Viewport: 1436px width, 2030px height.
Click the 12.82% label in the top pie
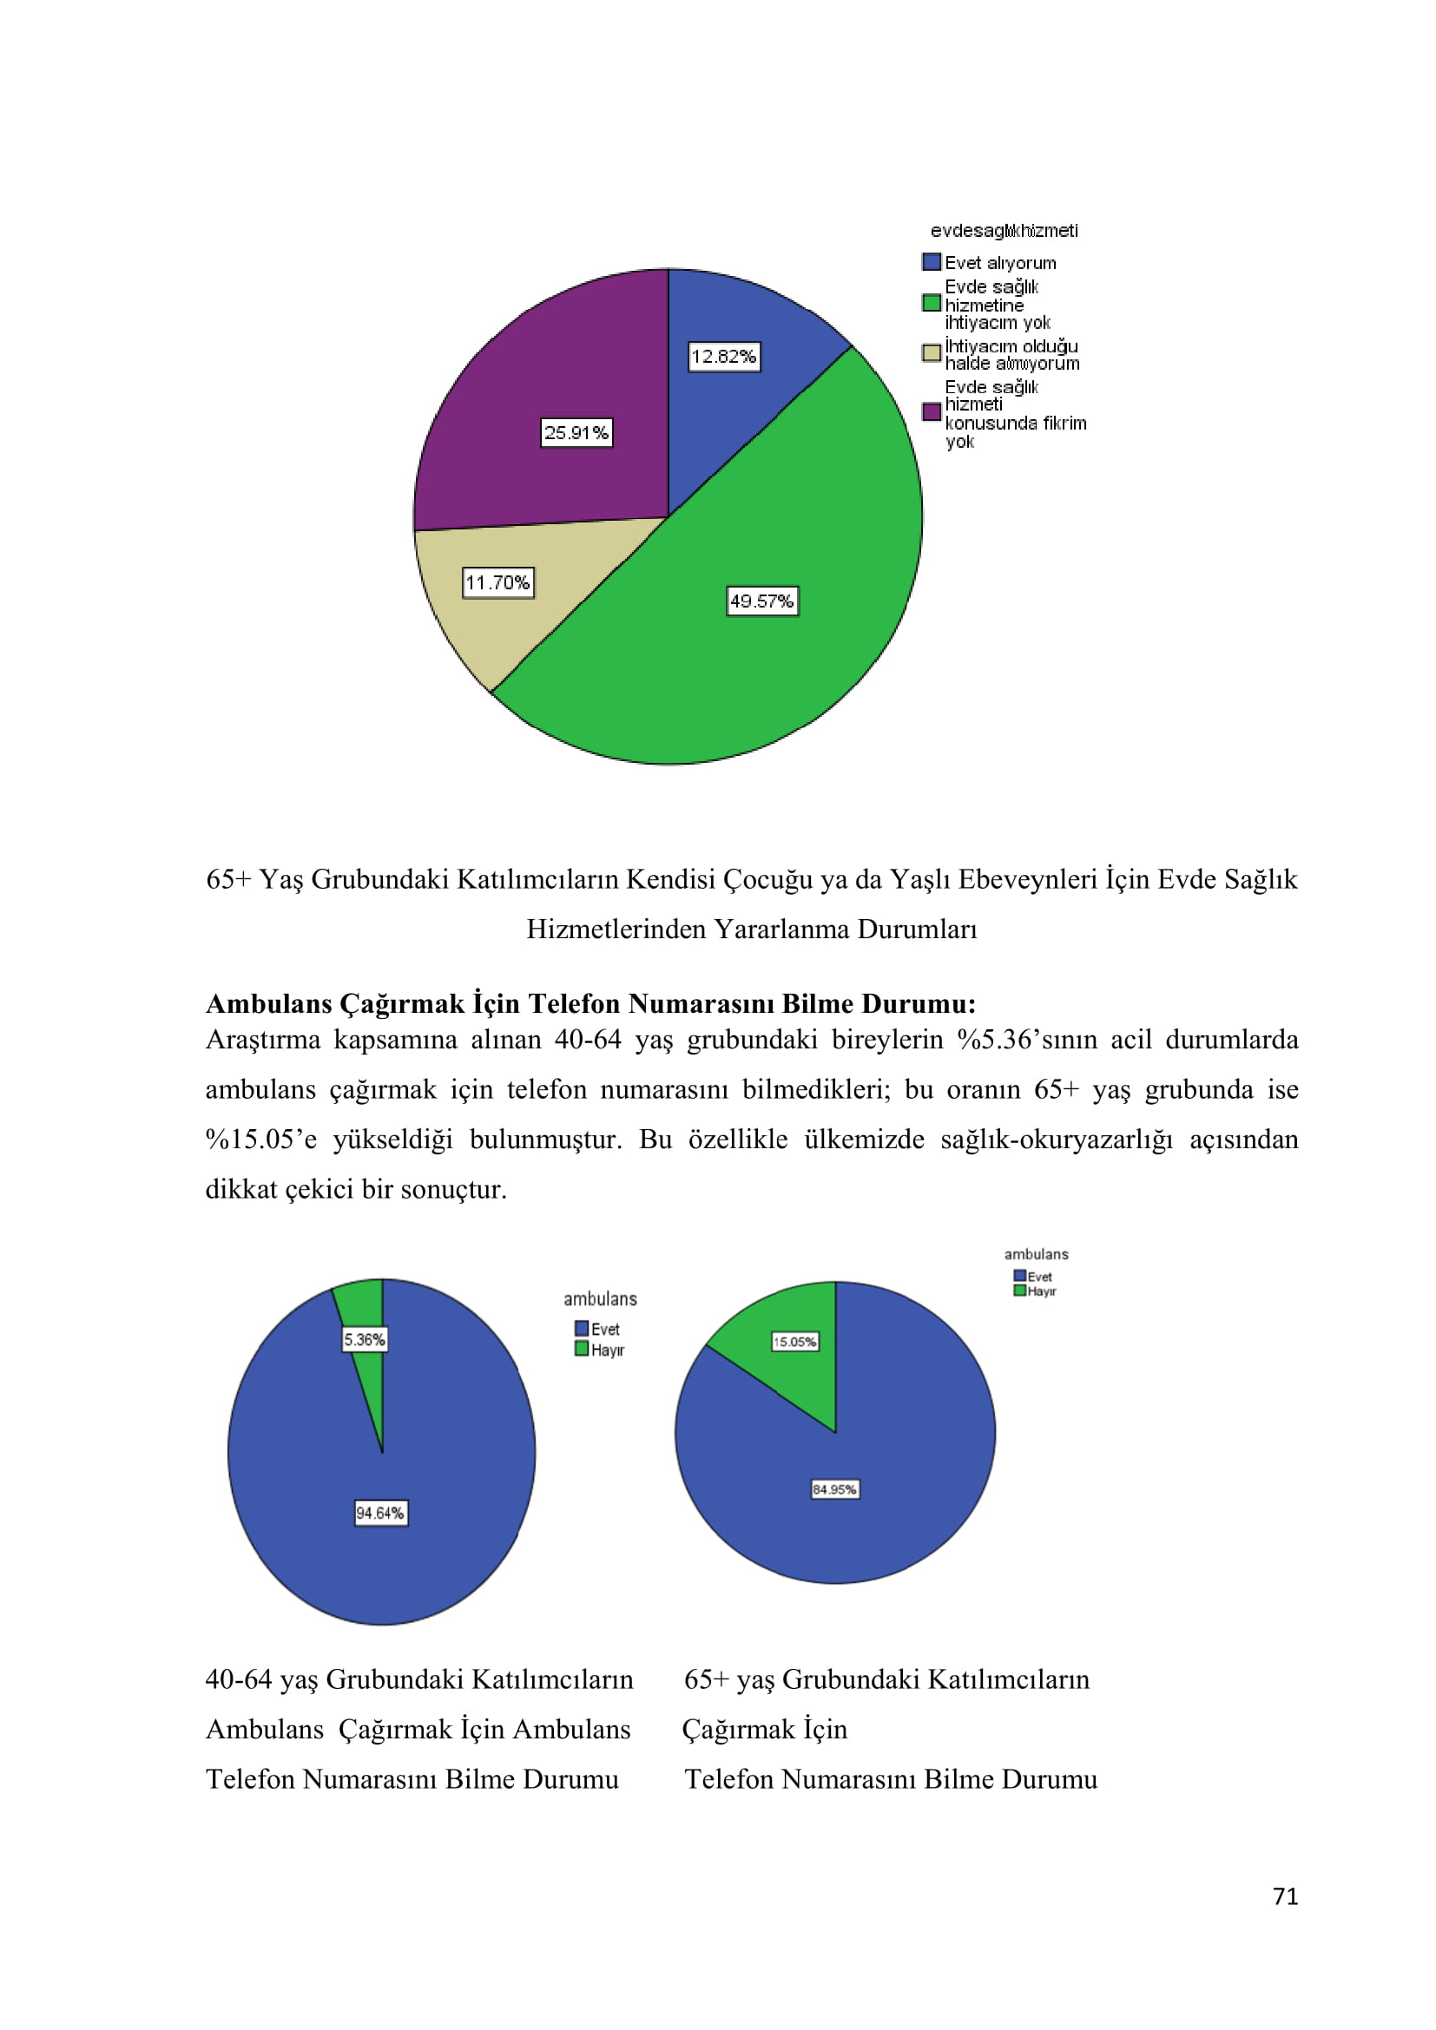(x=723, y=357)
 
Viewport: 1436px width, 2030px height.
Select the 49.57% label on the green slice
(x=761, y=601)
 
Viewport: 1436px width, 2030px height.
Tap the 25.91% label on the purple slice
(x=576, y=432)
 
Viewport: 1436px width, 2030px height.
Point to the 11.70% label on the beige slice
(x=497, y=582)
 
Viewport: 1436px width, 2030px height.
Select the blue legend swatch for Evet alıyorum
(x=931, y=263)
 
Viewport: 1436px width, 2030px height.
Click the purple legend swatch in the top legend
(x=931, y=412)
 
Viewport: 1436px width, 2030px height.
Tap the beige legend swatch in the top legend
(x=931, y=353)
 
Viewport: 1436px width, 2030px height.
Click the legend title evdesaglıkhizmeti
(x=1004, y=231)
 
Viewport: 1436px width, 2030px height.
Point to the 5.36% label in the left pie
(x=365, y=1339)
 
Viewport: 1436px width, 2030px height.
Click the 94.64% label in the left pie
(x=380, y=1513)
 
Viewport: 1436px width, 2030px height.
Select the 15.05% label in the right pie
(x=795, y=1341)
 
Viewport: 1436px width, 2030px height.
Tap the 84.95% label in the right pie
(x=834, y=1489)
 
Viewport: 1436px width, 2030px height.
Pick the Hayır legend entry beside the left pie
(x=601, y=1350)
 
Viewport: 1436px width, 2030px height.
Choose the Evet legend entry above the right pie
(x=1033, y=1276)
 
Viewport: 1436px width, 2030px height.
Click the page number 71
(x=1285, y=1895)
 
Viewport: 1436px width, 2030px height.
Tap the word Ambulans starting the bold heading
(x=269, y=1003)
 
